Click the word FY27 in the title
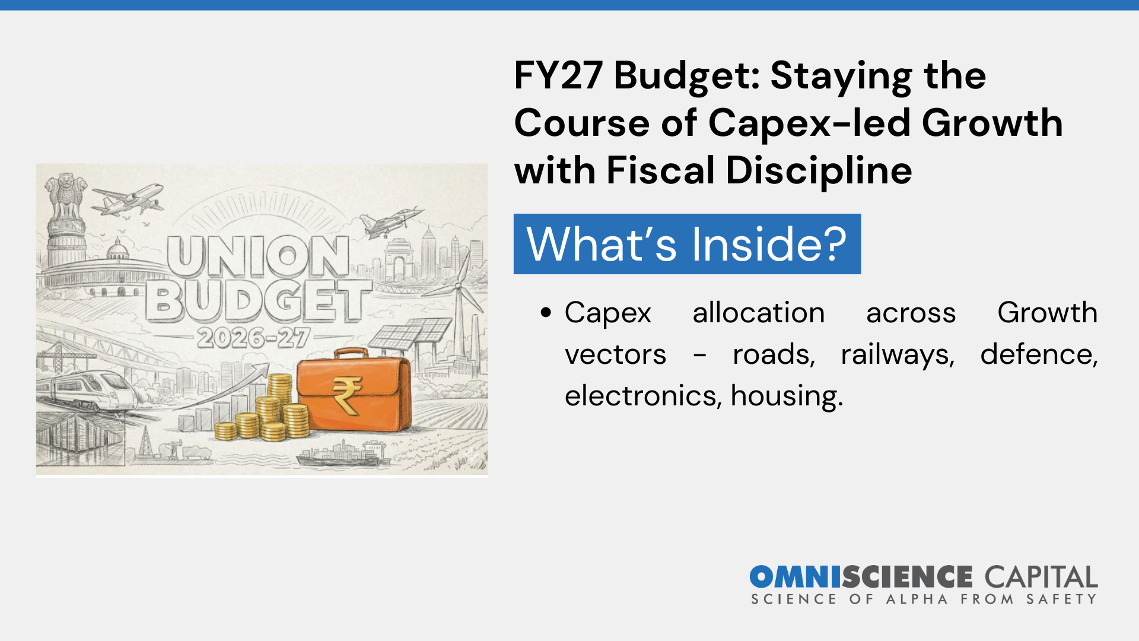[x=558, y=76]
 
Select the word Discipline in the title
[x=819, y=171]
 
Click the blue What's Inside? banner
[x=687, y=244]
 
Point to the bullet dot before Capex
[x=546, y=312]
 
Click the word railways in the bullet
[x=898, y=355]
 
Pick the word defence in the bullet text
[x=1039, y=354]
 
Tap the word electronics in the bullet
[x=643, y=396]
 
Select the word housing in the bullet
[x=787, y=396]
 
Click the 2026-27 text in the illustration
[x=253, y=338]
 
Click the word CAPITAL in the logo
[x=1041, y=577]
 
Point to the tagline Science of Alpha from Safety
[x=924, y=599]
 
